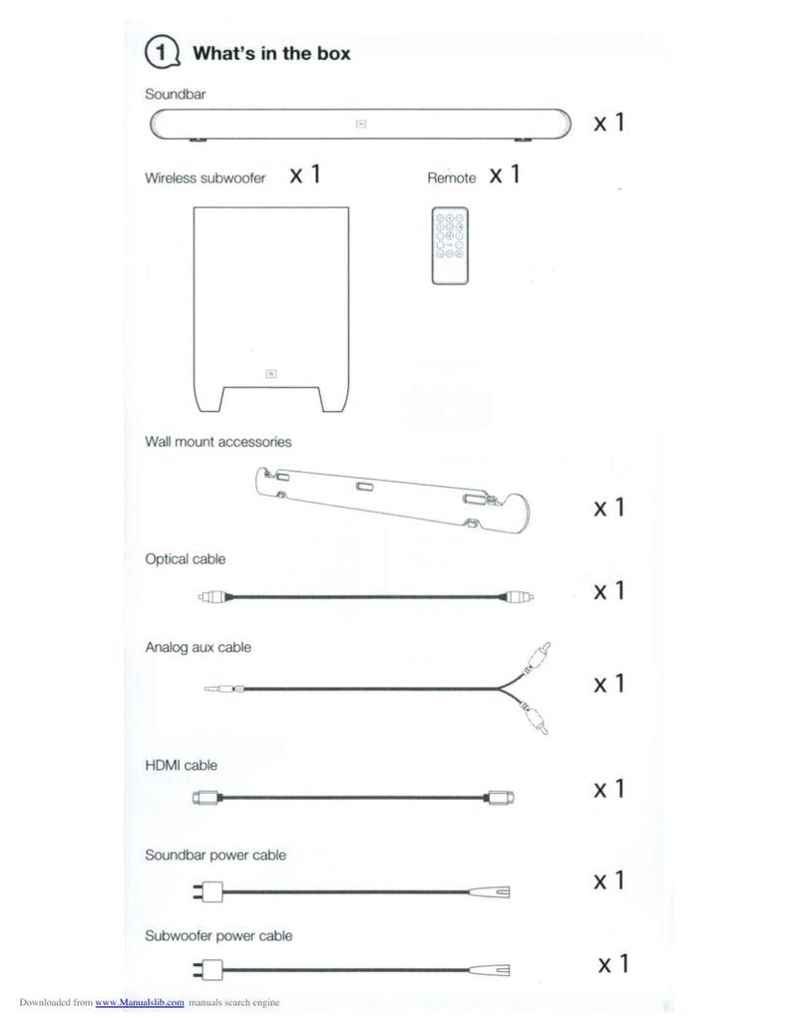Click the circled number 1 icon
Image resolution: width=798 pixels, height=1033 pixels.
(163, 52)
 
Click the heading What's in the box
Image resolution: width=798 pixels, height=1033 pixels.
(270, 53)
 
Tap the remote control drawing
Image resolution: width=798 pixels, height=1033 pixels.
(450, 245)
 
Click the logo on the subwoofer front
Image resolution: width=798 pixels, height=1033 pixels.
(270, 373)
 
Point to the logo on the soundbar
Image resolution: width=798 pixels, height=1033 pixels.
(360, 125)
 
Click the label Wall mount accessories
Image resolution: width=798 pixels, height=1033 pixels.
(217, 440)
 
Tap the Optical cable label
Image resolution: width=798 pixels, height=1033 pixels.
(185, 559)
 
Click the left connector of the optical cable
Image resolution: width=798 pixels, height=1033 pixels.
(211, 598)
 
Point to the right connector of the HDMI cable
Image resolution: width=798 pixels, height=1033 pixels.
(499, 797)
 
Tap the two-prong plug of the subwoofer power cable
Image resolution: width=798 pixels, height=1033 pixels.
(206, 968)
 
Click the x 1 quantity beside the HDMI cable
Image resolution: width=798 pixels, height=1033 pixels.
(609, 789)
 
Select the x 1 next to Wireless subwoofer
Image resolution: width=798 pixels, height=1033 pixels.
(305, 175)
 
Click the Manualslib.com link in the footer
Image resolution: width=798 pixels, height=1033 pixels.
(139, 1002)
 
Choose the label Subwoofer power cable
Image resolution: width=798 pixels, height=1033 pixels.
(218, 936)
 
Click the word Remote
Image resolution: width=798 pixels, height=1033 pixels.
(451, 177)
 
